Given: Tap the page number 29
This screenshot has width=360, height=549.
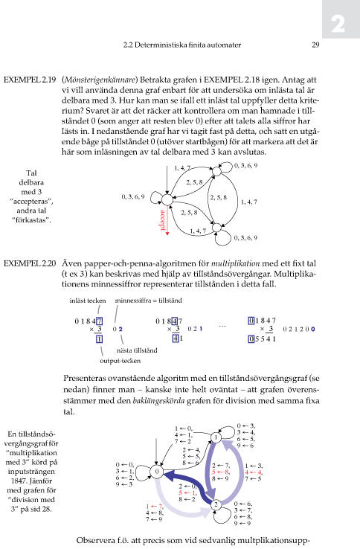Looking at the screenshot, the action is tap(315, 45).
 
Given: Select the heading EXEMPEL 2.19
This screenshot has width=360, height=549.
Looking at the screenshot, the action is tap(30, 80).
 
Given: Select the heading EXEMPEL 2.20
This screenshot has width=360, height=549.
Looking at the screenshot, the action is tap(30, 263).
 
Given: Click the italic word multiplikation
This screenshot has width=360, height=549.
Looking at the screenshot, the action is tap(235, 263).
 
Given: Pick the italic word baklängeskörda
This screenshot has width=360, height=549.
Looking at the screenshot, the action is tap(158, 400).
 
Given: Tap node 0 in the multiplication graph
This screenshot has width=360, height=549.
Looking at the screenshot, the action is tap(157, 472).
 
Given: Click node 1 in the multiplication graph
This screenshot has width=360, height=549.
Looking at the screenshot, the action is tap(216, 437).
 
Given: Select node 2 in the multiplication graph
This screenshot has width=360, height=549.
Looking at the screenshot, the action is tap(216, 504).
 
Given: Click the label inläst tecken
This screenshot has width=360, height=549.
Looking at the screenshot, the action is tap(88, 301).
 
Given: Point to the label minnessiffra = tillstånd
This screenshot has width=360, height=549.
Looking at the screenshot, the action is tap(149, 301).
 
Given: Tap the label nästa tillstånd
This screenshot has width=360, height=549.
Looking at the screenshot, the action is tap(137, 350).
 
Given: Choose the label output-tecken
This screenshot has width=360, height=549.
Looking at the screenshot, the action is tap(120, 361).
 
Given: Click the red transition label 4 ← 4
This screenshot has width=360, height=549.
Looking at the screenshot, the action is tap(254, 472).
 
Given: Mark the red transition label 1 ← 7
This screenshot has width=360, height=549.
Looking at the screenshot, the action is tap(155, 507).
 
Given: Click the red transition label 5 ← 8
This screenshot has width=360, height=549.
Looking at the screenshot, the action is tap(221, 472).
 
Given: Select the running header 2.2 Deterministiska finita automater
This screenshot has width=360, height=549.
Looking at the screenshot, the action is tap(182, 45).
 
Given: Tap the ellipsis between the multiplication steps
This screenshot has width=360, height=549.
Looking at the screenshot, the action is tap(222, 327).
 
